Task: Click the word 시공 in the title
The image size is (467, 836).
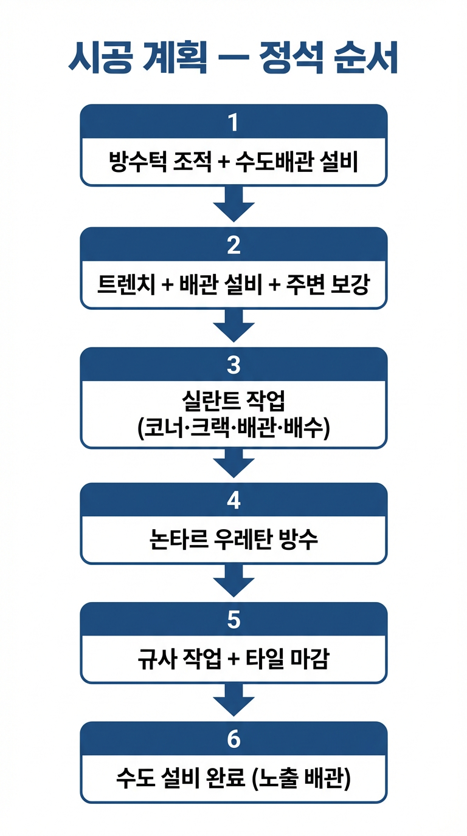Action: (x=101, y=60)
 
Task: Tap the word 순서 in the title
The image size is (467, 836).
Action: (x=366, y=60)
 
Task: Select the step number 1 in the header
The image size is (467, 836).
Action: (x=233, y=122)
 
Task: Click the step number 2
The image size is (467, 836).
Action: (x=233, y=245)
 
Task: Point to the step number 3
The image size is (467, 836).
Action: (x=233, y=365)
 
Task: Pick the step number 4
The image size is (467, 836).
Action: (x=233, y=501)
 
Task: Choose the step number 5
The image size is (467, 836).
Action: (x=233, y=620)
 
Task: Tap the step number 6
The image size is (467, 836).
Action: (x=233, y=739)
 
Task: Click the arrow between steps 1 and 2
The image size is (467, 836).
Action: (x=233, y=204)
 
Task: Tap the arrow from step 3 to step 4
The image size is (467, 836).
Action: (x=233, y=463)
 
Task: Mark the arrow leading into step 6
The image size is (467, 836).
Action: (x=233, y=700)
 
